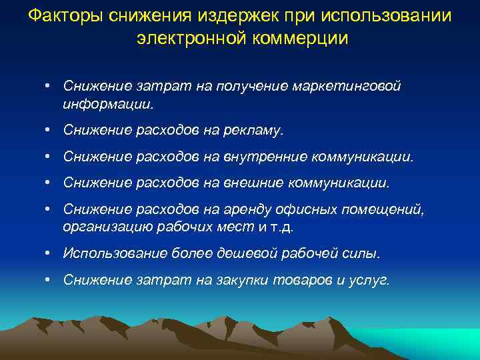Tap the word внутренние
pos(265,157)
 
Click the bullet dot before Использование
pos(50,253)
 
